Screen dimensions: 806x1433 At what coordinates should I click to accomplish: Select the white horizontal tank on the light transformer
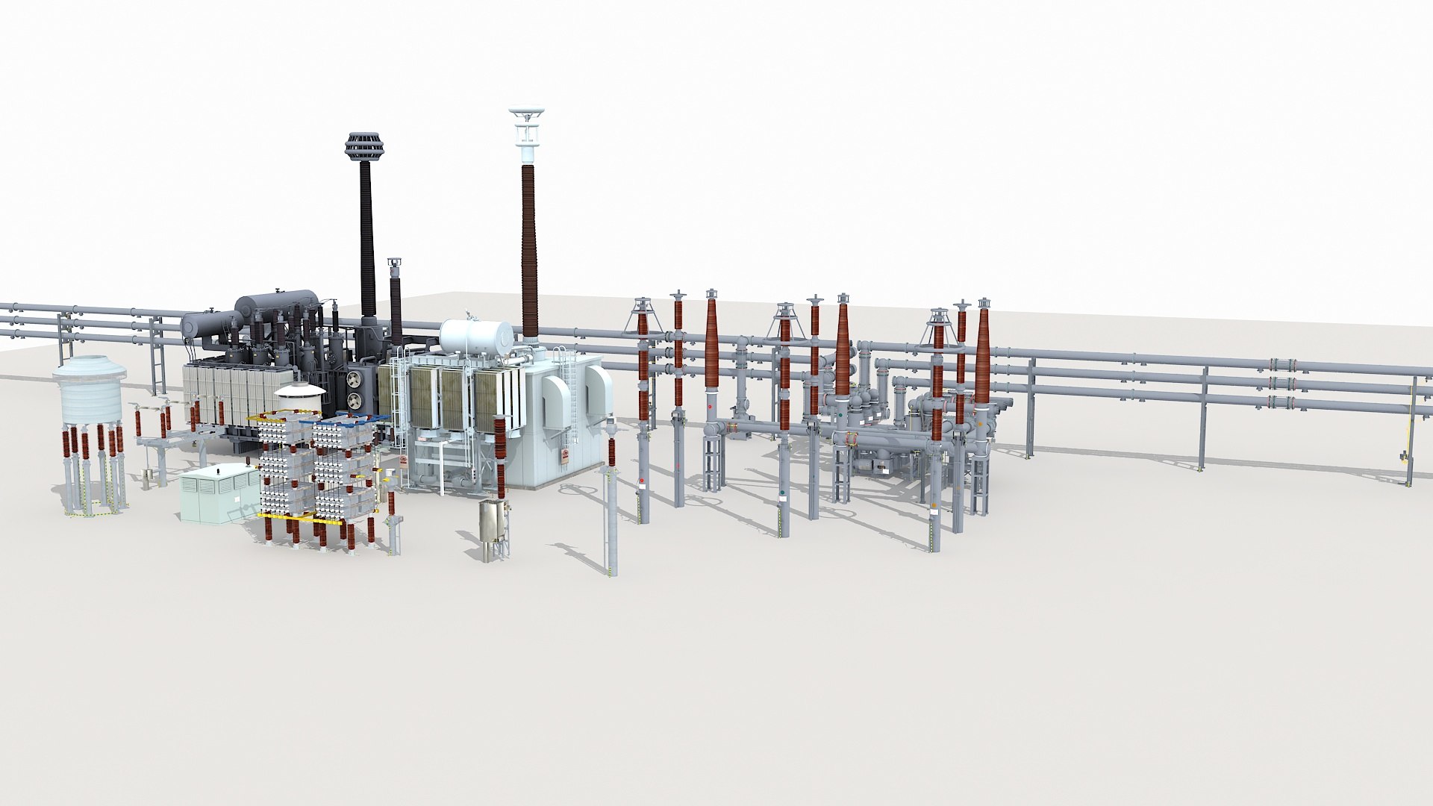pos(476,337)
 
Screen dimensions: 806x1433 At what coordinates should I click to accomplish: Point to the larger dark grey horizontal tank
pos(277,303)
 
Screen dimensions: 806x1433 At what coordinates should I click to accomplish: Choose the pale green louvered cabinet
pos(217,492)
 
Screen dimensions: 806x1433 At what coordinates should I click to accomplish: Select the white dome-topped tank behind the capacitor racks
pos(299,397)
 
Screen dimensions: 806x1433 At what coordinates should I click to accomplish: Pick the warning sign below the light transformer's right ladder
pos(565,457)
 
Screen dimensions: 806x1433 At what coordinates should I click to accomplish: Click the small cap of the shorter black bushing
pos(395,263)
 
